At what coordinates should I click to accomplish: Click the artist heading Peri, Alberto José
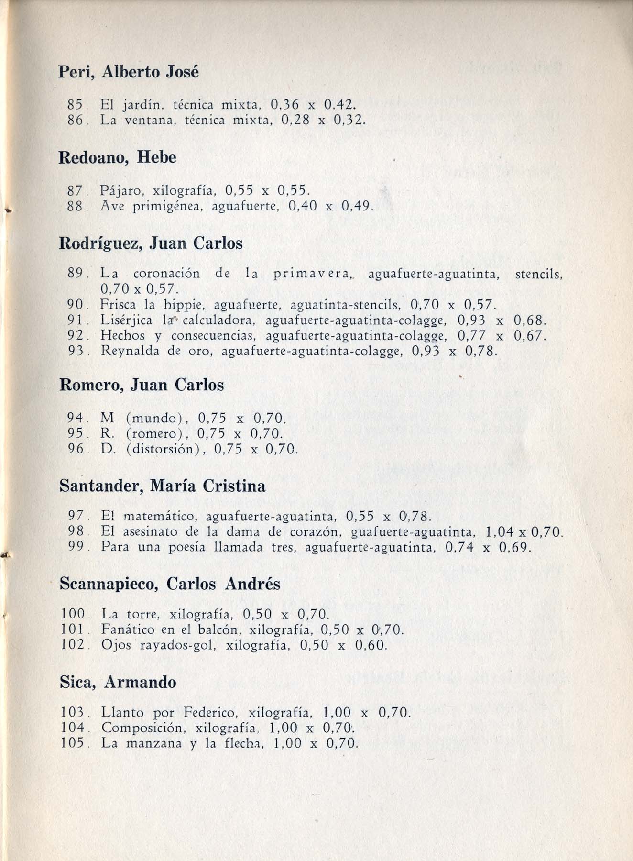pos(128,72)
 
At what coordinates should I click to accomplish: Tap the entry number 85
pos(76,104)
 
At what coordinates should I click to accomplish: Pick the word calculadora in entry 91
pos(220,320)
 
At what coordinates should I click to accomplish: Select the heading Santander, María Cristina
pos(163,486)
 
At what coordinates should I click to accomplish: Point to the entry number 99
pos(76,547)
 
